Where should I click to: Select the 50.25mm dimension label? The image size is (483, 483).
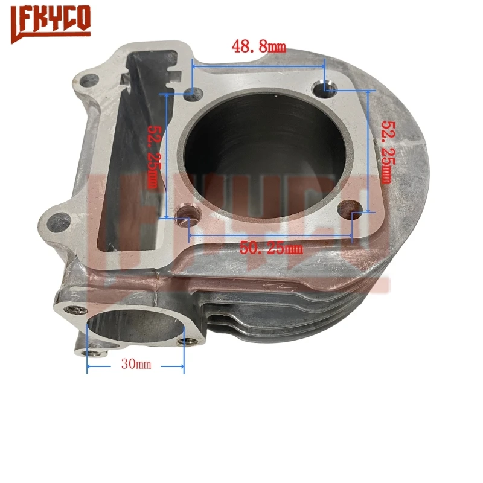[270, 247]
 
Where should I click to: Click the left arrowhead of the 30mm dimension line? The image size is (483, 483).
[89, 365]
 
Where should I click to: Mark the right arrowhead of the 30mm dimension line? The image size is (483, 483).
[182, 365]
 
